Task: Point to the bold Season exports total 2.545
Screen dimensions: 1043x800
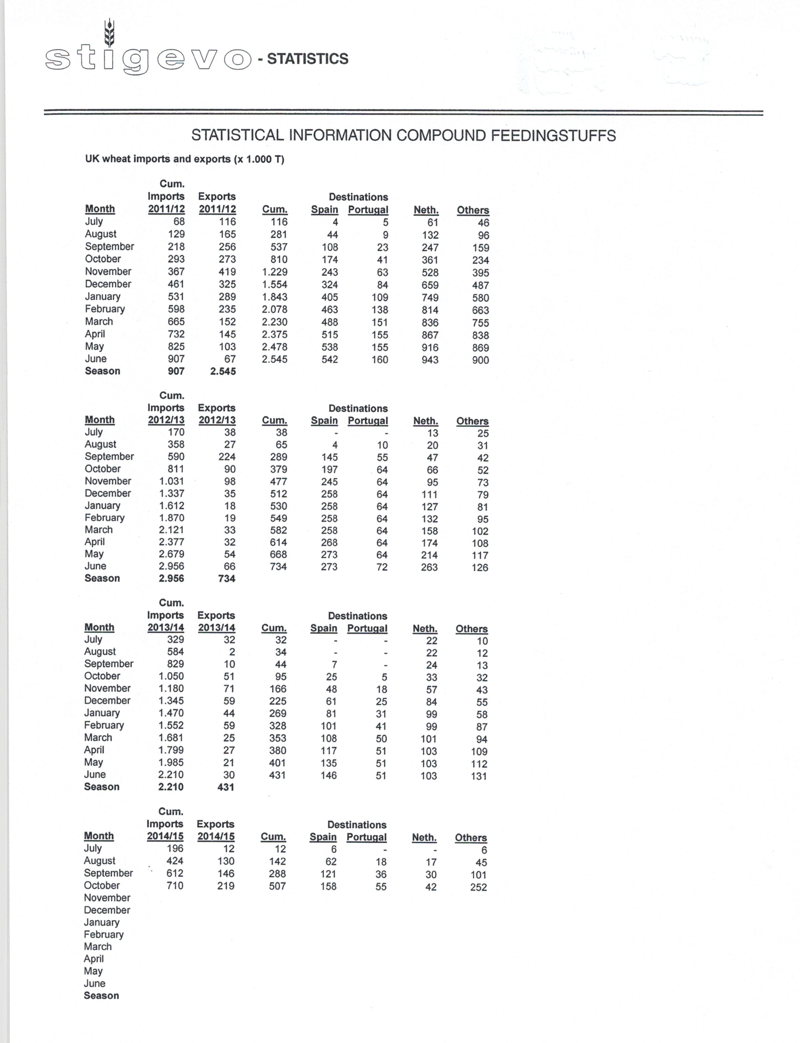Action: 223,371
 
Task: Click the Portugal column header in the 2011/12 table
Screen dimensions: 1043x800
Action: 368,210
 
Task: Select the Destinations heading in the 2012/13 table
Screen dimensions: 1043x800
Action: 358,409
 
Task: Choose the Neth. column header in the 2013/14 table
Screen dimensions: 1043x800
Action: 425,629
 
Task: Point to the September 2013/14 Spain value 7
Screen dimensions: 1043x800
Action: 334,664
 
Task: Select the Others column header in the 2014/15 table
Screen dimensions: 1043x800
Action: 471,838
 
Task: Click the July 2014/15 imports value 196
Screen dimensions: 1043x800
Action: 175,849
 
